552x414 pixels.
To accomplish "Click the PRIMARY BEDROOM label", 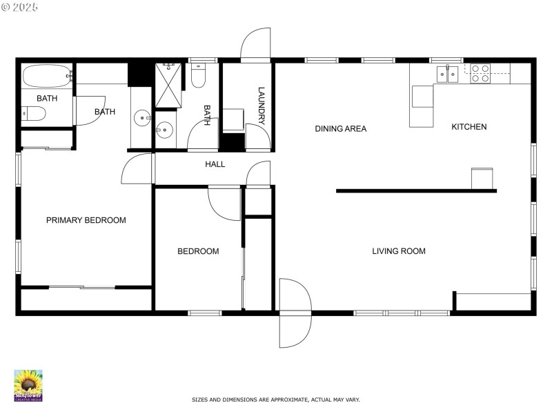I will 86,220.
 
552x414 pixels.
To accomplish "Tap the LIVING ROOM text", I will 399,251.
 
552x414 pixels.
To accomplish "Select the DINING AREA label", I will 340,128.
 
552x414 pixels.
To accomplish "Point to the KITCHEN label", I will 469,127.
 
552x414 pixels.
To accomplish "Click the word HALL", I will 215,164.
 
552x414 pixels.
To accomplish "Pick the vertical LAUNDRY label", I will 262,106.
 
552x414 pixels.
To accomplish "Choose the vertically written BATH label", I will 206,115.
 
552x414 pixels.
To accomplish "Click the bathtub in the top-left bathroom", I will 47,75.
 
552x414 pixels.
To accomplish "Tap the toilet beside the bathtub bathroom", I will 33,113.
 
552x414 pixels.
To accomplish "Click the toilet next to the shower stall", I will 197,77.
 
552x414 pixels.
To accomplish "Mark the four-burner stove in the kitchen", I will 480,73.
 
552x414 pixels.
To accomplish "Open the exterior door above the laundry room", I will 255,46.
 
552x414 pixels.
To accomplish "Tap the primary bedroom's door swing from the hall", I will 138,170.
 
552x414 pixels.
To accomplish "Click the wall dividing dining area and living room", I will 416,190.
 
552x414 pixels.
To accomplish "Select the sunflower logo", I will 28,385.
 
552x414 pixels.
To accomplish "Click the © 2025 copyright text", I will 20,6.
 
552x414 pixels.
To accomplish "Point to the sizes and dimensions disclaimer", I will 275,400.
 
